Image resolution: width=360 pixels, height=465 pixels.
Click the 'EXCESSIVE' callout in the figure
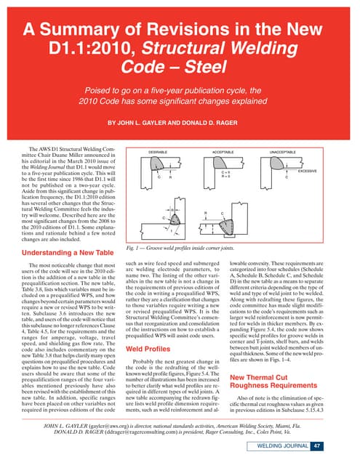tap(308, 171)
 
